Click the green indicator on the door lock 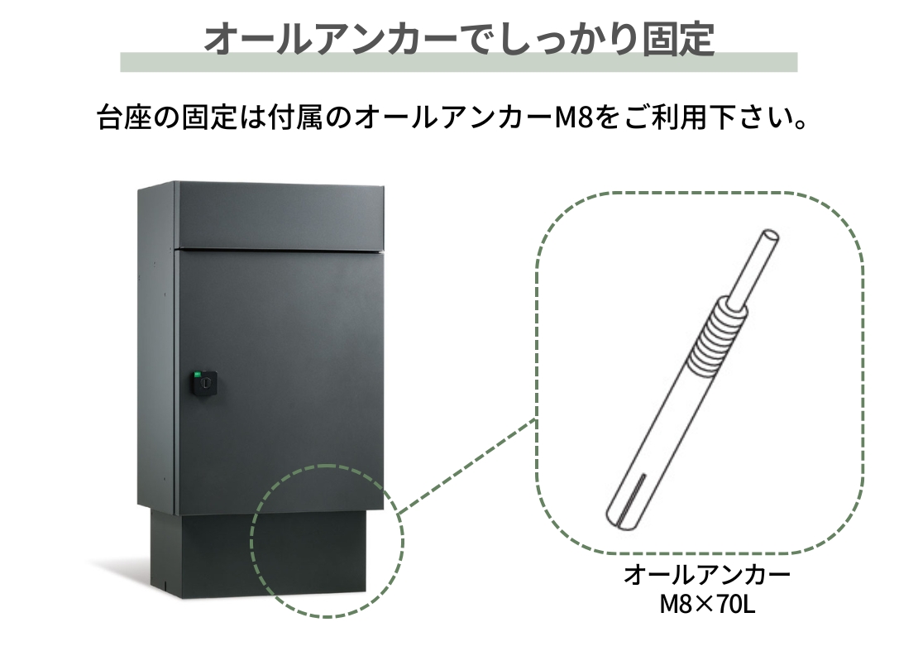[x=198, y=374]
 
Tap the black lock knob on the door [x=205, y=384]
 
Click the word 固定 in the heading [x=678, y=39]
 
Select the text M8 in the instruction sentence [x=573, y=117]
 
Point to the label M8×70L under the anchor [x=707, y=604]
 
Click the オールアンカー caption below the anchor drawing [x=707, y=575]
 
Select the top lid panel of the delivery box [x=280, y=216]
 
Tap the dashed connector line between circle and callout [x=467, y=467]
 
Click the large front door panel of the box [x=280, y=380]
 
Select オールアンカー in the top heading [x=331, y=39]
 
